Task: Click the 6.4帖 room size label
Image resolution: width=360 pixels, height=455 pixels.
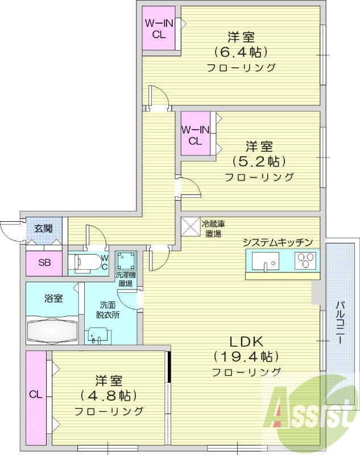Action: [241, 52]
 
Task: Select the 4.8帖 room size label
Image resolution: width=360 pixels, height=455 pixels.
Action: [108, 395]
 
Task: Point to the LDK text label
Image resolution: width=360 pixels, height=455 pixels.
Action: [246, 342]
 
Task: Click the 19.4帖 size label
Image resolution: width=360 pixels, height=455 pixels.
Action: [246, 357]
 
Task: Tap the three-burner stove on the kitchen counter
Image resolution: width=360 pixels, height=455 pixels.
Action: [305, 262]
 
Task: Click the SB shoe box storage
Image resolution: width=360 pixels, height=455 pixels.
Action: [44, 263]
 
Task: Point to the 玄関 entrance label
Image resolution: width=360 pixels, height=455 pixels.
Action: [43, 229]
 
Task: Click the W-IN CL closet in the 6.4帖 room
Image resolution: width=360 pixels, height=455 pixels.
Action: [160, 28]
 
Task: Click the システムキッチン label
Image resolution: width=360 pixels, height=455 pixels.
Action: [278, 242]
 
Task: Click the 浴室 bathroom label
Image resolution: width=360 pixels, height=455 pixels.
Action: [53, 298]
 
